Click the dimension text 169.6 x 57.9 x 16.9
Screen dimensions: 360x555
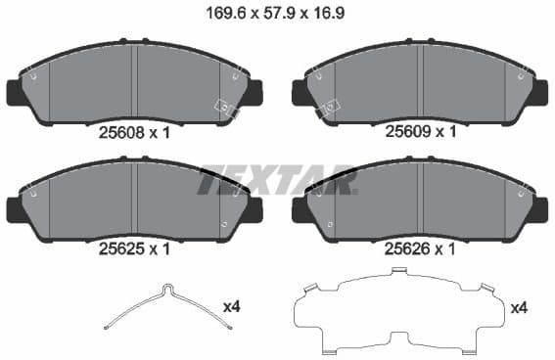(277, 15)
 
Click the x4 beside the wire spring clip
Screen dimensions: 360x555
(232, 307)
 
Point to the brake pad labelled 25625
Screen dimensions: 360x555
(135, 201)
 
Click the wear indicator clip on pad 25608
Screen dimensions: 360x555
(228, 108)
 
